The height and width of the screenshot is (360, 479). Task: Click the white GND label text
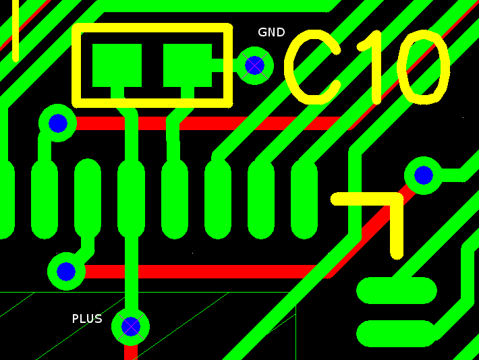[x=271, y=32]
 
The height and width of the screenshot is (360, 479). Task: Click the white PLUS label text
[x=87, y=319]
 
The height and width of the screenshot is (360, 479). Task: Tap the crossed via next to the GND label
[x=254, y=65]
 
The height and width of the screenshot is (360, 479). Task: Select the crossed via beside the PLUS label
[x=131, y=326]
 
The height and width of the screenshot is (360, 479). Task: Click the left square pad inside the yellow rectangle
[x=117, y=65]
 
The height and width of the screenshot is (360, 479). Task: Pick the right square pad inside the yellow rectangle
[x=188, y=65]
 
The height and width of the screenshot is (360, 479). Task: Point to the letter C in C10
[x=312, y=67]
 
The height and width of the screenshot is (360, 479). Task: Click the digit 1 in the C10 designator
[x=373, y=67]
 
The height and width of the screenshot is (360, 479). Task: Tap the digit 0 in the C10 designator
[x=424, y=67]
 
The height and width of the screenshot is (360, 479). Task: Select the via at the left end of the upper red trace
[x=57, y=123]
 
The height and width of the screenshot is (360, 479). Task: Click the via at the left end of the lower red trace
[x=66, y=271]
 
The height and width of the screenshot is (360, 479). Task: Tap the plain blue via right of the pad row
[x=424, y=175]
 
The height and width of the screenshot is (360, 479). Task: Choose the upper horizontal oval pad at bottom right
[x=397, y=291]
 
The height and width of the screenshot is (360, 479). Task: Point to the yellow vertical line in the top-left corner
[x=16, y=30]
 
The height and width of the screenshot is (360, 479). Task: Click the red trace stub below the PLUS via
[x=131, y=353]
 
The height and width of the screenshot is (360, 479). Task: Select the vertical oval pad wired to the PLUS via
[x=132, y=198]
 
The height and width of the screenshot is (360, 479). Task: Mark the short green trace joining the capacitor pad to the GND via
[x=223, y=65]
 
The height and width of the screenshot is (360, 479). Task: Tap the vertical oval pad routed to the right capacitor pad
[x=175, y=198]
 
